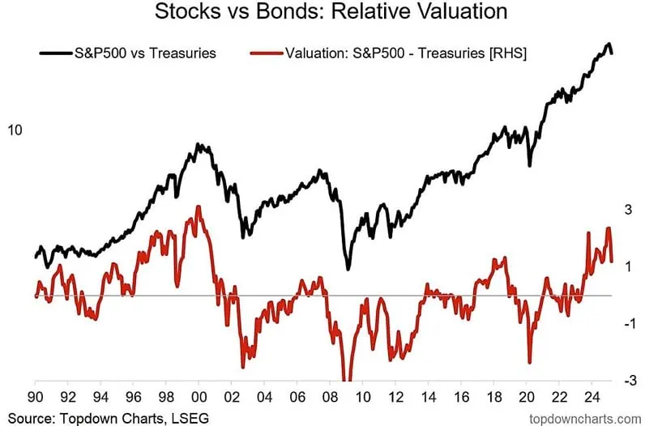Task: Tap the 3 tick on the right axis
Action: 627,210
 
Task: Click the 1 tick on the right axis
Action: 627,266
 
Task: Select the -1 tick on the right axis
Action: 626,323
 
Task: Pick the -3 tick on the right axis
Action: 626,380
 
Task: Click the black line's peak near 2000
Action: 199,144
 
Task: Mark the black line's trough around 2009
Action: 348,269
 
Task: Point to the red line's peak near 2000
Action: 199,207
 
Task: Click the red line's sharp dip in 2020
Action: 529,363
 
